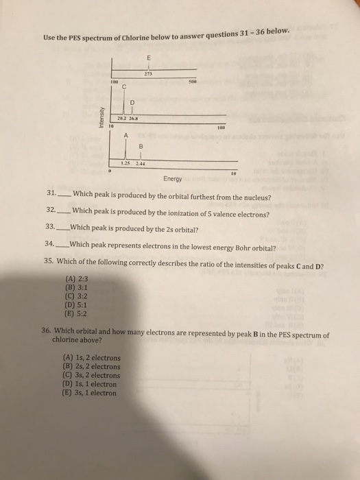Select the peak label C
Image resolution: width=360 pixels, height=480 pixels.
click(125, 87)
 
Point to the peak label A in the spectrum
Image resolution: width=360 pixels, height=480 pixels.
click(127, 134)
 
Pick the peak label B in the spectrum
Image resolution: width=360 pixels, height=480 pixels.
click(141, 145)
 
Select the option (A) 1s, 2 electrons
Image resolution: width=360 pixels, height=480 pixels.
click(92, 358)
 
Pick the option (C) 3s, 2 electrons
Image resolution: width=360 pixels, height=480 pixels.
click(92, 376)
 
